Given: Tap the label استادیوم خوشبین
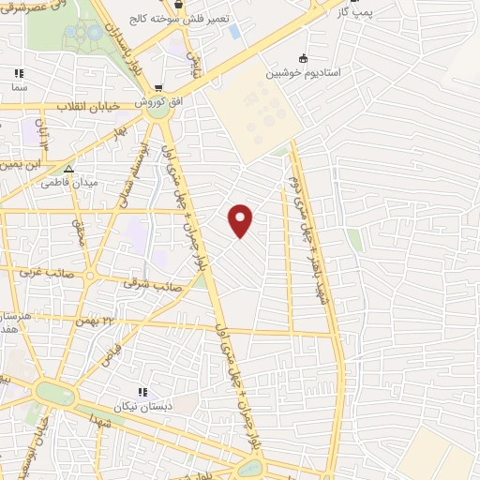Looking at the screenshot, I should (300, 72).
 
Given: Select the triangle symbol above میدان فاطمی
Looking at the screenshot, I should (67, 170).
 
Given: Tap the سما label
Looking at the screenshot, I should (18, 86).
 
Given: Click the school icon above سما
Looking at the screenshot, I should (18, 73).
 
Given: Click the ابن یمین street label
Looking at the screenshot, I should (19, 163).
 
